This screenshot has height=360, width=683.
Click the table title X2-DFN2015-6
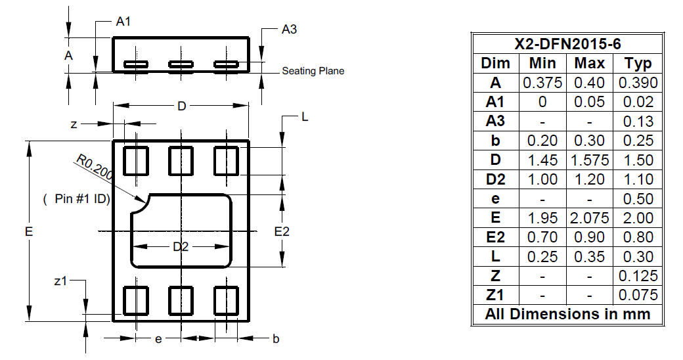click(x=567, y=43)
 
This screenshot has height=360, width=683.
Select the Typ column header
click(x=638, y=64)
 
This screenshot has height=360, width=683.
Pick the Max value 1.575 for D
click(x=589, y=160)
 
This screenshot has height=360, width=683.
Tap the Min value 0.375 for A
click(x=542, y=83)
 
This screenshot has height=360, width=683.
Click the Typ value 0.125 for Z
click(x=638, y=276)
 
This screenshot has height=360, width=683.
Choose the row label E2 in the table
click(x=495, y=237)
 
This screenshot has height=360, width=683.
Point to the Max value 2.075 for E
click(x=589, y=218)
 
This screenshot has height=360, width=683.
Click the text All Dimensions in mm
click(x=567, y=314)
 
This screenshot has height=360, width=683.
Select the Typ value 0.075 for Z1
click(x=638, y=295)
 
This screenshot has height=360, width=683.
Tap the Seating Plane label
click(x=313, y=70)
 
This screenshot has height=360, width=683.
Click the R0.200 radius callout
click(x=95, y=167)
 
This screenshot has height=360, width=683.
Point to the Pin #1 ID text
click(x=77, y=199)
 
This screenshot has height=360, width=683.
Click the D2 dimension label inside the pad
click(x=181, y=247)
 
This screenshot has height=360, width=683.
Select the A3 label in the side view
click(x=289, y=29)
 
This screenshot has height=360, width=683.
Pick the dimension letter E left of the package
click(x=29, y=231)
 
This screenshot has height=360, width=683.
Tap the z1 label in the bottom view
click(x=60, y=281)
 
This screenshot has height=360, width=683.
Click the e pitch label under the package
click(x=158, y=339)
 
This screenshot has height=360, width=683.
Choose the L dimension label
click(x=305, y=117)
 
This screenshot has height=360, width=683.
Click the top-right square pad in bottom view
click(x=226, y=161)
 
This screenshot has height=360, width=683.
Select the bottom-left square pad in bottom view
click(x=136, y=301)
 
